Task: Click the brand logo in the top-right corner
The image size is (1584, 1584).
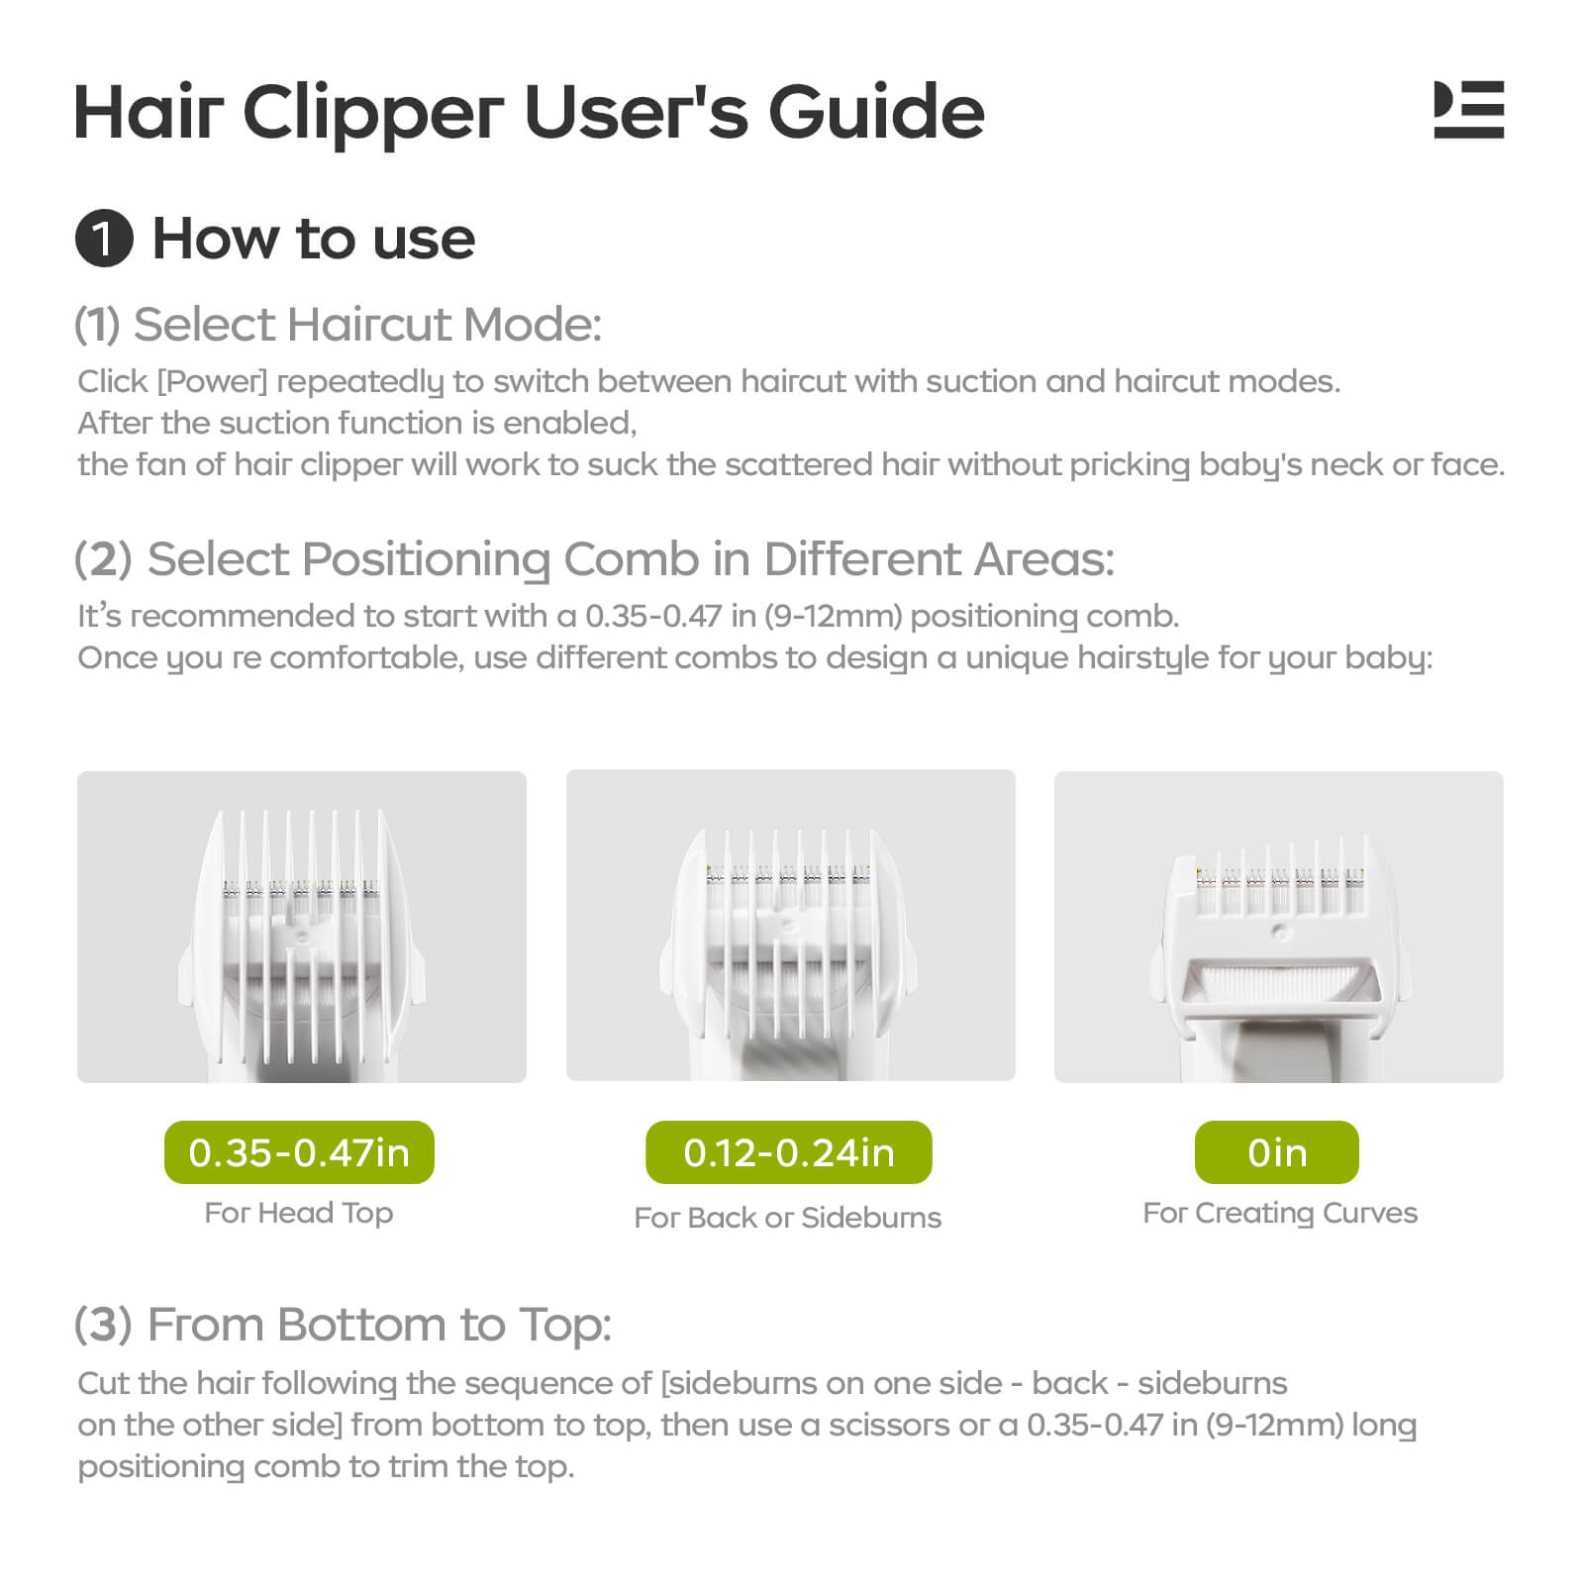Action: click(x=1468, y=110)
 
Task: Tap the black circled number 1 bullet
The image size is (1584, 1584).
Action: click(x=104, y=240)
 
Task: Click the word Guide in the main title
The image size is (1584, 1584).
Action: click(x=876, y=112)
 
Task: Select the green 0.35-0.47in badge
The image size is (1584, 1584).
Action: click(x=299, y=1152)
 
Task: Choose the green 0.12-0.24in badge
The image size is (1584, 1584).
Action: click(x=789, y=1152)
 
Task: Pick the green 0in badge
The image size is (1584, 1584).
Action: click(x=1277, y=1152)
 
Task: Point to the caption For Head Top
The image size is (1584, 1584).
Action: click(x=299, y=1213)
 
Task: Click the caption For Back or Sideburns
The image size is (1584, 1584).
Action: click(x=788, y=1217)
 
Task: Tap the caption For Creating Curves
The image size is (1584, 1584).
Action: click(x=1280, y=1213)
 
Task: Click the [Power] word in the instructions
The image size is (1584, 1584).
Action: click(x=212, y=382)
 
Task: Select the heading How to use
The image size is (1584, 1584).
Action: click(x=314, y=240)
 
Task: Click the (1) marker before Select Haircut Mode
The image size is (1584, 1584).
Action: click(x=97, y=325)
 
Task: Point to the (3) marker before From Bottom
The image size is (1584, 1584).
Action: click(x=103, y=1325)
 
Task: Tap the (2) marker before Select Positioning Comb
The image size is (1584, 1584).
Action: click(x=103, y=559)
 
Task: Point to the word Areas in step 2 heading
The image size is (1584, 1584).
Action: click(x=1044, y=559)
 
